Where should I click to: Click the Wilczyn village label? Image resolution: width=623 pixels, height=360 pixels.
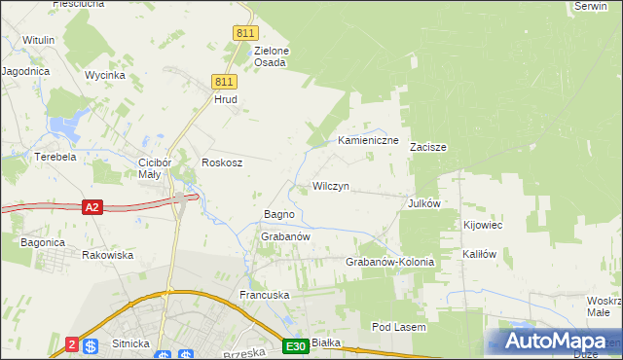(x=330, y=186)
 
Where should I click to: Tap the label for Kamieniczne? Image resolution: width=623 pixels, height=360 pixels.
(x=369, y=141)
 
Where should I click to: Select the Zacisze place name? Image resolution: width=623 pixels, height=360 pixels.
(x=427, y=148)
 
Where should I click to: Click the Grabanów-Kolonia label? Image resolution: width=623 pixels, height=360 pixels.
(x=389, y=263)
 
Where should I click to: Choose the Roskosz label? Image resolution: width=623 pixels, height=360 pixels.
(x=221, y=163)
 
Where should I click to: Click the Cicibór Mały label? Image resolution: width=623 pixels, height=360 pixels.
(x=156, y=168)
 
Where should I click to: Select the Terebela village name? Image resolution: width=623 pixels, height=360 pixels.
(x=55, y=157)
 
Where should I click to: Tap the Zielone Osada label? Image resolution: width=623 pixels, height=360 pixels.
(x=271, y=56)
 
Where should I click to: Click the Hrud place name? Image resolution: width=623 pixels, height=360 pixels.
(x=226, y=99)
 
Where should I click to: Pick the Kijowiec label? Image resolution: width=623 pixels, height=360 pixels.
(x=483, y=225)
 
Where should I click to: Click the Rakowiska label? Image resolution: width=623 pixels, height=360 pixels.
(x=107, y=255)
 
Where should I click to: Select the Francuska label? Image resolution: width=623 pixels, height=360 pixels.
(x=266, y=294)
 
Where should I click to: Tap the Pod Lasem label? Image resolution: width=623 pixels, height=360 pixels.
(x=399, y=328)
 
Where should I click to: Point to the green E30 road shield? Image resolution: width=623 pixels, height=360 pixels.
(x=297, y=346)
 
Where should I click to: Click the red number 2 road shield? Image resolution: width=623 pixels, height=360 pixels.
(x=71, y=344)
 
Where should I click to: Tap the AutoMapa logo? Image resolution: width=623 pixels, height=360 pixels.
(x=555, y=341)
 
